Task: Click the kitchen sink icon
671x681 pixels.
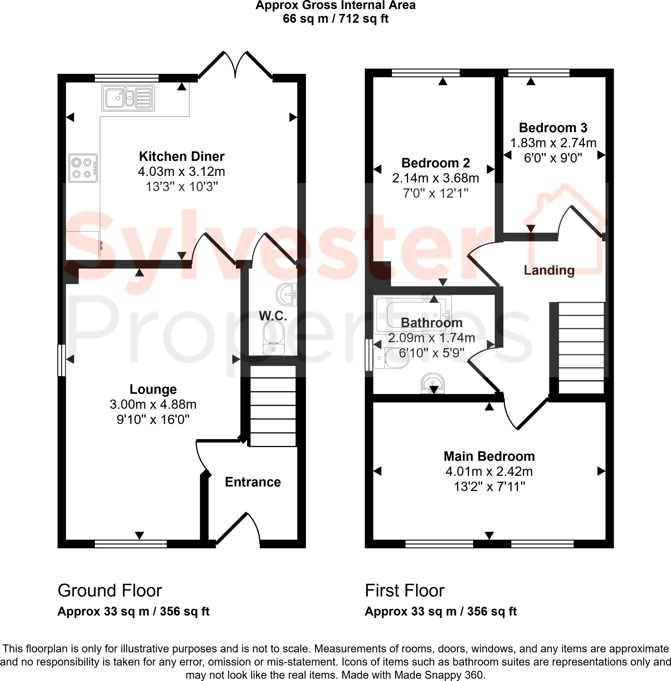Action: [128, 98]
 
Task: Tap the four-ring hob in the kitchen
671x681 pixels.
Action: [83, 168]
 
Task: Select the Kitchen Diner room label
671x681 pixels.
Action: [181, 156]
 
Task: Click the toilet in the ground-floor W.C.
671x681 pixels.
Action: [274, 338]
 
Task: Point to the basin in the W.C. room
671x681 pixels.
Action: [287, 294]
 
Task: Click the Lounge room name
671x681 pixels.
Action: [153, 389]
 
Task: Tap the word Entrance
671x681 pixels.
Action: [253, 482]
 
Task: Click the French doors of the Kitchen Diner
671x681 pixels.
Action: [235, 65]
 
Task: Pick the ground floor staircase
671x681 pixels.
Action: [273, 406]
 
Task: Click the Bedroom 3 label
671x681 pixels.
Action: [553, 127]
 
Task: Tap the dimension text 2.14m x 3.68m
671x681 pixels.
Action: [435, 178]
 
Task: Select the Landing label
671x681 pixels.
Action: [549, 270]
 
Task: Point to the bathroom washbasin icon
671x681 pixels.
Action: [433, 383]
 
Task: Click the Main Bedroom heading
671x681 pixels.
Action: [489, 456]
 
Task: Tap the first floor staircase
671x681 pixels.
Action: [581, 347]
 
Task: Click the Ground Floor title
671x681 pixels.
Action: [110, 590]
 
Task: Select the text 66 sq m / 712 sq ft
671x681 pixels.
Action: [335, 18]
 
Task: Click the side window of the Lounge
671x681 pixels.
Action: [61, 360]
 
